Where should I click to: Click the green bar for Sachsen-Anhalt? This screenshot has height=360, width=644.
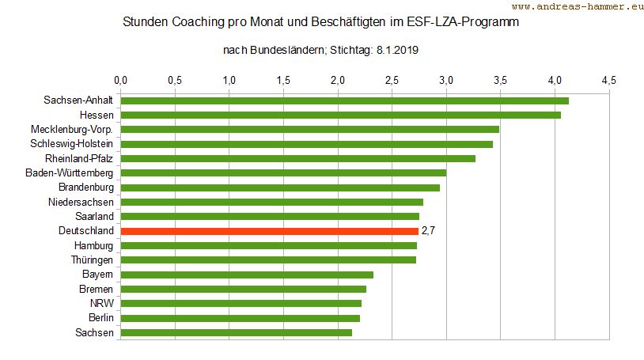pyautogui.click(x=344, y=100)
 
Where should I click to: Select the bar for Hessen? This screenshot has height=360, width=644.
pyautogui.click(x=340, y=115)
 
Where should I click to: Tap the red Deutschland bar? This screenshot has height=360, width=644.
pyautogui.click(x=269, y=231)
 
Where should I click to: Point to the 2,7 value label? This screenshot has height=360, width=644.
pyautogui.click(x=429, y=231)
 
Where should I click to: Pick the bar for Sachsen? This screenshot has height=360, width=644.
pyautogui.click(x=236, y=332)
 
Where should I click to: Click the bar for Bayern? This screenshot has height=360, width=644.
pyautogui.click(x=247, y=275)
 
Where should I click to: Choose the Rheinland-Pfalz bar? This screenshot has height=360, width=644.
pyautogui.click(x=297, y=158)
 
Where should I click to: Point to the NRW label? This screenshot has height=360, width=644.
pyautogui.click(x=102, y=303)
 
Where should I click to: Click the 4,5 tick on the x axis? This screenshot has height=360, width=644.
pyautogui.click(x=608, y=80)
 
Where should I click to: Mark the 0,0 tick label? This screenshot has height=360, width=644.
pyautogui.click(x=121, y=80)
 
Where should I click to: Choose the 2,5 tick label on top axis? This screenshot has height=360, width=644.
pyautogui.click(x=392, y=80)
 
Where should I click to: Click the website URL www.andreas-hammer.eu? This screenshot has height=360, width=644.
pyautogui.click(x=578, y=7)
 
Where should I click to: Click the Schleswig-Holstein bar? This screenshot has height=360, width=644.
pyautogui.click(x=307, y=144)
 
